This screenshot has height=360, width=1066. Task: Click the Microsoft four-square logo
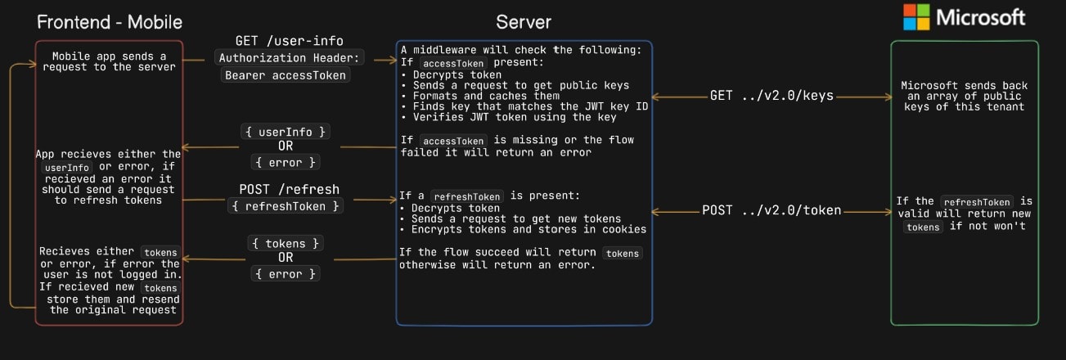point(916,17)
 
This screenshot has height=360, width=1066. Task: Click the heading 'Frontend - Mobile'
point(109,22)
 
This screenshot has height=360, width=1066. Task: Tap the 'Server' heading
point(524,22)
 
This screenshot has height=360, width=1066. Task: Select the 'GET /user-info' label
point(290,41)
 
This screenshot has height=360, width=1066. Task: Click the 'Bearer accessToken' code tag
point(286,75)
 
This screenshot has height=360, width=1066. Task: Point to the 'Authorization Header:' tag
point(290,57)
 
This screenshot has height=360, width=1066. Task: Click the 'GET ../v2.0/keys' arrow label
point(772,96)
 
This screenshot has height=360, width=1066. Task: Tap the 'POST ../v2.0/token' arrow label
point(771,210)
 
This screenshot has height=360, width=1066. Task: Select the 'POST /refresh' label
point(289,190)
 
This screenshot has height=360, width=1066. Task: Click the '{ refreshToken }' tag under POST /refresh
point(286,207)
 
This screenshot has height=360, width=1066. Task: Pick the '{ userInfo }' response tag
point(286,131)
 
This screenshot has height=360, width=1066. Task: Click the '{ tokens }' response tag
point(286,243)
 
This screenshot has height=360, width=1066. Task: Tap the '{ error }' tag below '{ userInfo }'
point(286,162)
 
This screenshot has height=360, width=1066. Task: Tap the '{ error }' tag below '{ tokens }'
point(286,274)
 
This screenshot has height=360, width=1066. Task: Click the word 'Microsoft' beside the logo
point(980,17)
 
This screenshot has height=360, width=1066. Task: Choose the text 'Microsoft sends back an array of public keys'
point(964,97)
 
